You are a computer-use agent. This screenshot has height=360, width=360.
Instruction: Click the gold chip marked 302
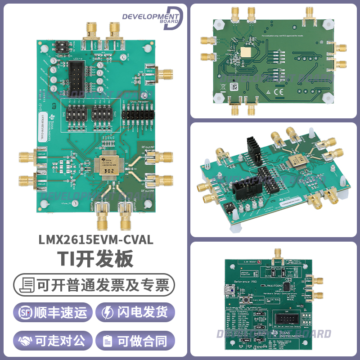coord(108,166)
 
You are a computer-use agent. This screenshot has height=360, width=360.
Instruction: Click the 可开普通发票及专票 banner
coord(94,285)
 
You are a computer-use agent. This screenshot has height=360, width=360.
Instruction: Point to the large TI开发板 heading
coord(94,260)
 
